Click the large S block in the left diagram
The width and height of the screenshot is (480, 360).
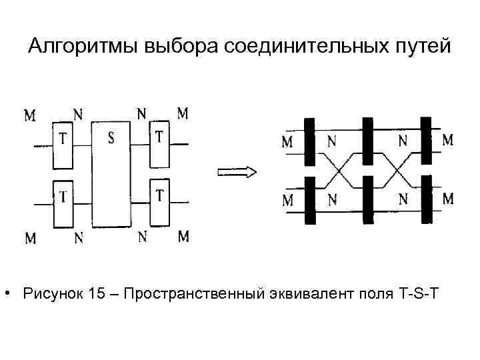[x=111, y=175]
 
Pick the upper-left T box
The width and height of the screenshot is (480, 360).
[x=62, y=145]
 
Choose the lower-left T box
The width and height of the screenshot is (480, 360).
[x=63, y=204]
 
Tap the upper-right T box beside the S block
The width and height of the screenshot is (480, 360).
[x=159, y=144]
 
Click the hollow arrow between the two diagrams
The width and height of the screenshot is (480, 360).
[x=237, y=172]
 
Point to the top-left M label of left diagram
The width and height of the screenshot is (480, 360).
[x=30, y=115]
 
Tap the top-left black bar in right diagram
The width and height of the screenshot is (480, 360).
[x=309, y=142]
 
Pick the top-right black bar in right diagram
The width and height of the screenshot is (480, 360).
[x=427, y=141]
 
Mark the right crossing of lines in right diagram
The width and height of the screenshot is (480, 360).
[x=398, y=171]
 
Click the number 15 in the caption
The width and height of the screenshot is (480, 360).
[x=95, y=293]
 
